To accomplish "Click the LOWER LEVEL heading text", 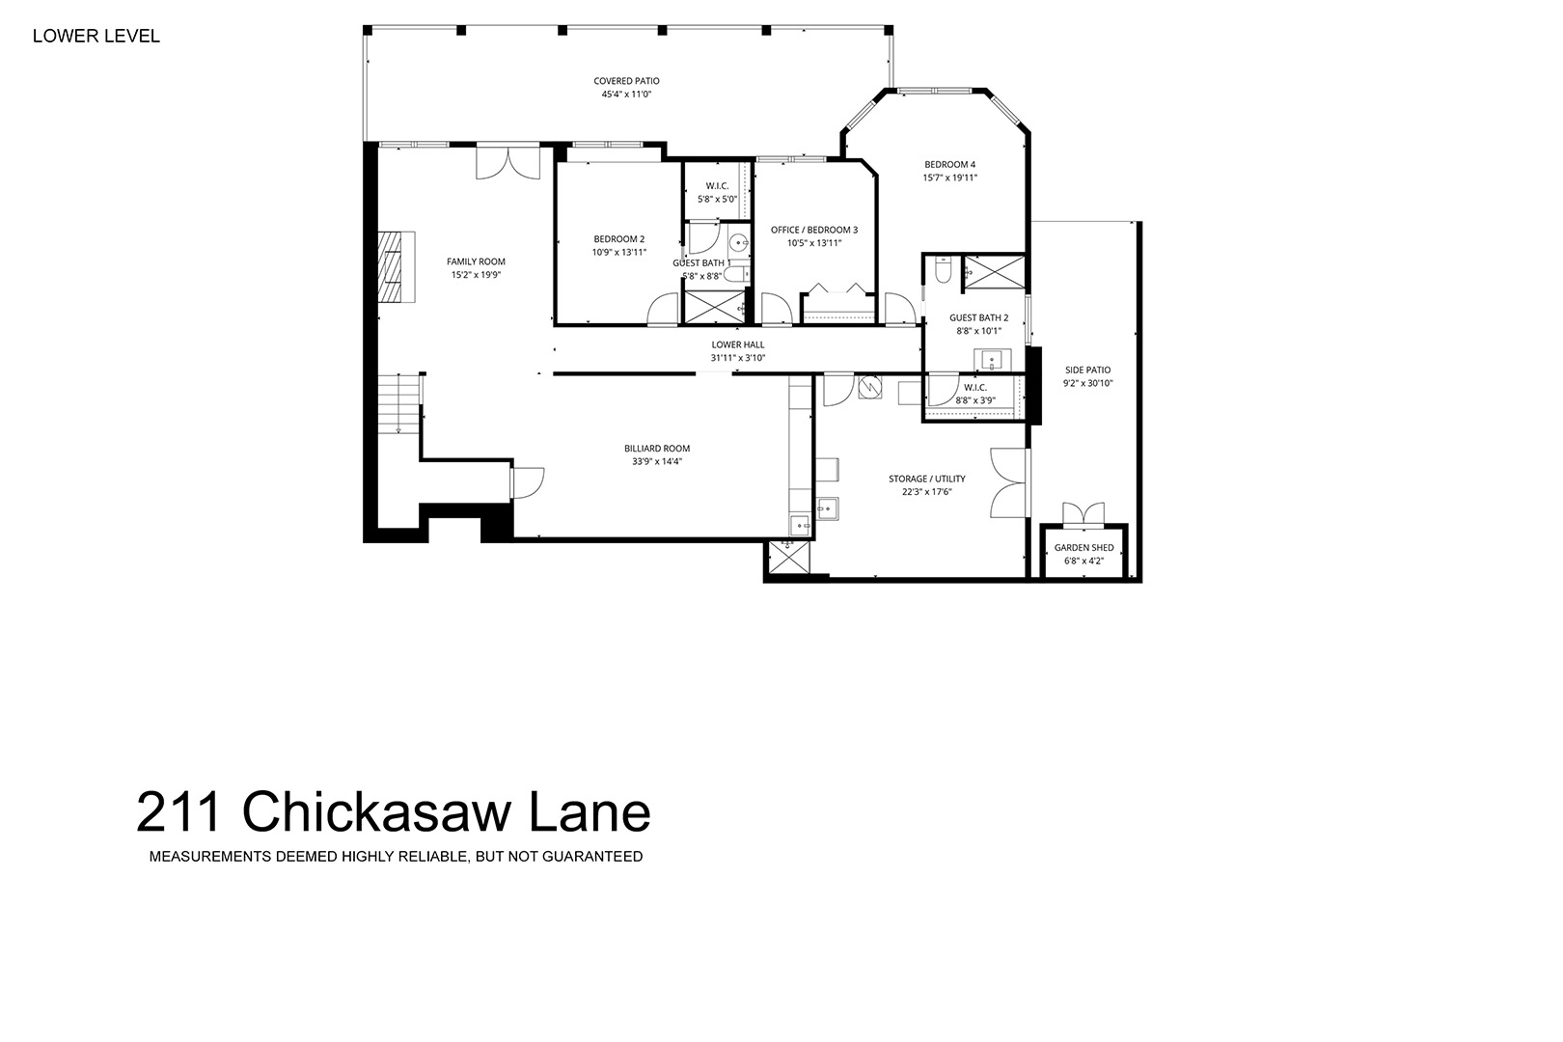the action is [96, 37].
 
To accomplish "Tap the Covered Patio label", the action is [626, 81].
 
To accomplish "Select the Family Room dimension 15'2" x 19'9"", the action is [476, 275].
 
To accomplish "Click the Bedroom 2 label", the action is [618, 239].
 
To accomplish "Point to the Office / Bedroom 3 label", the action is [814, 230].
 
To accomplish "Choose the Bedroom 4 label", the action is [949, 165].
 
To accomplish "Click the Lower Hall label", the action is [737, 344].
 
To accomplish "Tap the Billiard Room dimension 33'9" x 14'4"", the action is [656, 461].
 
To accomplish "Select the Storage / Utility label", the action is [926, 479].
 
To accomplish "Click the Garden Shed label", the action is [1083, 548].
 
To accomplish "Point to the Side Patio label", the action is [1087, 370].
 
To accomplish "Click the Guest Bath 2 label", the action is [978, 317].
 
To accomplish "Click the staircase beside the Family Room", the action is [399, 403].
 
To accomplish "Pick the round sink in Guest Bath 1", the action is [738, 243].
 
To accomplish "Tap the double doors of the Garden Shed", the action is [1083, 513].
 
